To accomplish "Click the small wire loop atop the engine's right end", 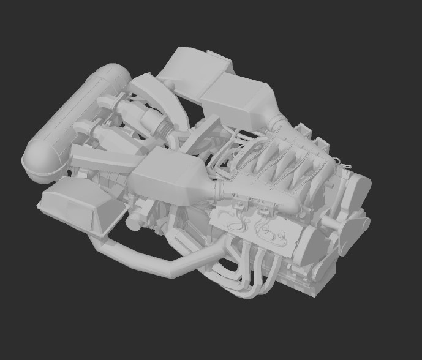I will point(347,163).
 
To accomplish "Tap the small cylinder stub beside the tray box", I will point(132,224).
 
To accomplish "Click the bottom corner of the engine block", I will point(306,291).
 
